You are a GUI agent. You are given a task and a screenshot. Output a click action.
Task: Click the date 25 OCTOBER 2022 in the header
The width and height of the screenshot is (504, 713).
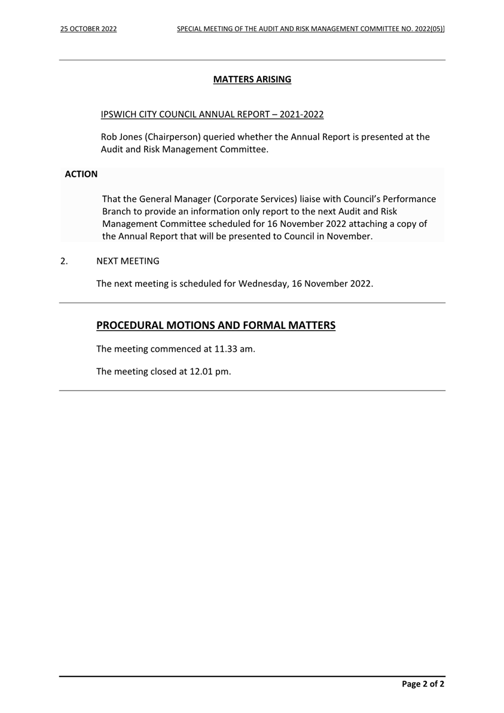click(88, 29)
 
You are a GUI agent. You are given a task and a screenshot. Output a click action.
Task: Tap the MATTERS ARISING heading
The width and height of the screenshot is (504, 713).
click(252, 79)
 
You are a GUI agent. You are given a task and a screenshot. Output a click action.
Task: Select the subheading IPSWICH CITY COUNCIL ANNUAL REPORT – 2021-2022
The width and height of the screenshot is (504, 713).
click(212, 114)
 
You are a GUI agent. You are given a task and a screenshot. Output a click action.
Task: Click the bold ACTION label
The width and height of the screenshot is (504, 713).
click(81, 174)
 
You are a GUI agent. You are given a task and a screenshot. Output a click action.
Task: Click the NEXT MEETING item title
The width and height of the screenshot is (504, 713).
click(128, 261)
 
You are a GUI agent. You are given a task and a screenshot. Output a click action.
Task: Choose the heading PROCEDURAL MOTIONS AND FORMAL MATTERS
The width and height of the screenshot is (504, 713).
click(216, 325)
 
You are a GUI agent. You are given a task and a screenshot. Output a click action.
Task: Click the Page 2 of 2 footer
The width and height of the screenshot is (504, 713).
click(423, 684)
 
